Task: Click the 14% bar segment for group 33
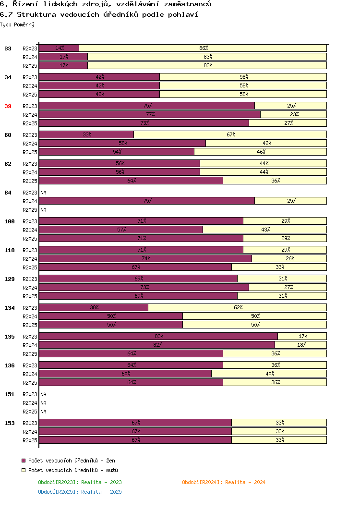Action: pos(59,48)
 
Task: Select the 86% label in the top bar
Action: pos(204,48)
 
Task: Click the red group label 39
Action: pos(8,106)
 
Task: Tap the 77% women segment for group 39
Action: pos(150,114)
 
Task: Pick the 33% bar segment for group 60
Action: pos(86,134)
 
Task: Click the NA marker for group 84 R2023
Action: pos(43,193)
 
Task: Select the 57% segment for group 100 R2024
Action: pos(121,230)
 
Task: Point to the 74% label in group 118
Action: pos(146,258)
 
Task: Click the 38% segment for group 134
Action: pos(94,307)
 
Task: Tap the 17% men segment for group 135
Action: pos(302,336)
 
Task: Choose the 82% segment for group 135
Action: pos(157,345)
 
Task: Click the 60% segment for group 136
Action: pos(126,374)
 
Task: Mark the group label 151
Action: pos(10,395)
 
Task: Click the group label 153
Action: pos(10,423)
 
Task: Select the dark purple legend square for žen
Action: pos(24,461)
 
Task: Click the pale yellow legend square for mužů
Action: pos(24,470)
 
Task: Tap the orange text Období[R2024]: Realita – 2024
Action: pos(224,482)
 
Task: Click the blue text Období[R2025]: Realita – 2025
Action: pos(80,492)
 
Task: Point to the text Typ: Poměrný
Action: pos(17,24)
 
